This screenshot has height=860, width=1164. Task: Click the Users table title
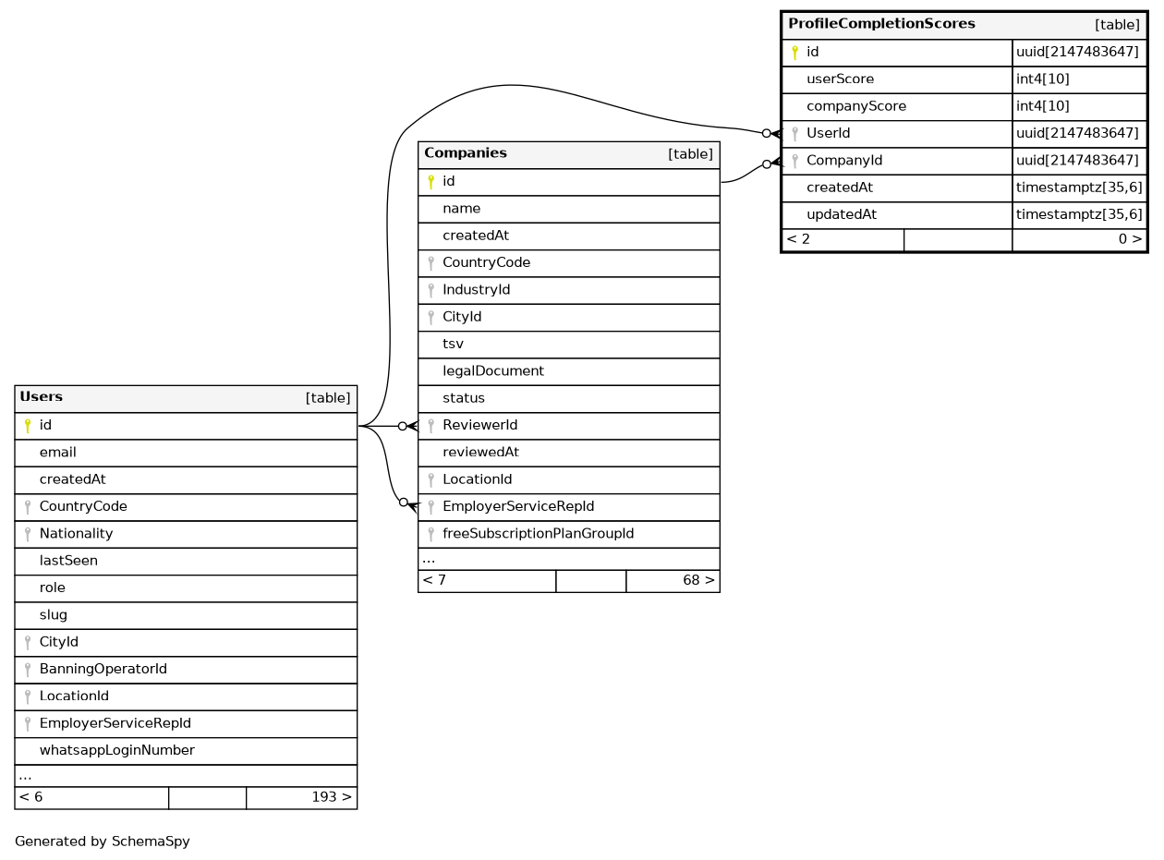point(42,397)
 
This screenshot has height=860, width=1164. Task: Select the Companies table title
point(466,153)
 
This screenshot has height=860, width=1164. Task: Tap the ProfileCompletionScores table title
point(881,24)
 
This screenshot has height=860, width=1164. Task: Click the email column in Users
point(57,453)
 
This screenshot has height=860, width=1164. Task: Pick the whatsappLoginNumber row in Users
point(116,750)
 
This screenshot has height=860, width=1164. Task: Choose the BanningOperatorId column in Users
point(103,669)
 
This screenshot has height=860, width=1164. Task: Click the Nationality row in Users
point(76,534)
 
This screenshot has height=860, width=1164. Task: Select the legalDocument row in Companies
point(492,371)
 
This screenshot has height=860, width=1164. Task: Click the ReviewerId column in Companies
point(479,426)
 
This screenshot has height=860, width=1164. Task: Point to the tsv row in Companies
point(453,344)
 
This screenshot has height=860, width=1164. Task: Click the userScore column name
point(840,79)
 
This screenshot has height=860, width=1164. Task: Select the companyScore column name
point(855,106)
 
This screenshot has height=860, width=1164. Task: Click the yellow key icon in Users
point(28,426)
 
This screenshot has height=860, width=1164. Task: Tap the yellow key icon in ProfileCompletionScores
point(794,53)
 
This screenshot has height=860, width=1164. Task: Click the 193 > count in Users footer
point(331,797)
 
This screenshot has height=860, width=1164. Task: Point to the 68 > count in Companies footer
point(697,581)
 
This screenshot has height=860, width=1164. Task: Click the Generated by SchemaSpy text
point(102,842)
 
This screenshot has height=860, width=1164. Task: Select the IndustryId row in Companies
point(476,290)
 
